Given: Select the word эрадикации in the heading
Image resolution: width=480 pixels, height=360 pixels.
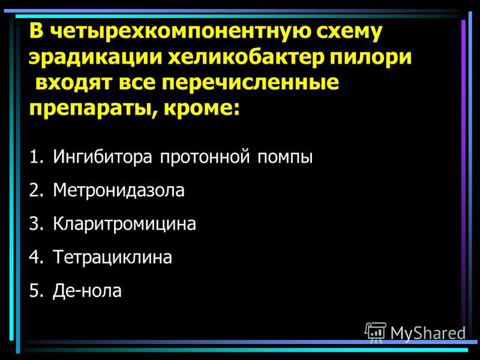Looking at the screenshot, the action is click(x=95, y=58).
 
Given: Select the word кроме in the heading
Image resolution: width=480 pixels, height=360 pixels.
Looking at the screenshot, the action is click(x=202, y=109).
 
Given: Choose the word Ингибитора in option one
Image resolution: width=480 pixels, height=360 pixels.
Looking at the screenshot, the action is click(x=102, y=157).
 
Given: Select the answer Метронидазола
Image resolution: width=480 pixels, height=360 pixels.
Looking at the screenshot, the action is click(x=118, y=190).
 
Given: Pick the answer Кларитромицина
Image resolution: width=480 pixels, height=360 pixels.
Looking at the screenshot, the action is click(x=124, y=224).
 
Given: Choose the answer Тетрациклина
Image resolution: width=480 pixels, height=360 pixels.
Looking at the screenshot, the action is click(x=112, y=257).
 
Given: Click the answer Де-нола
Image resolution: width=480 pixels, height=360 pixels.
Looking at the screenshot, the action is click(x=87, y=290).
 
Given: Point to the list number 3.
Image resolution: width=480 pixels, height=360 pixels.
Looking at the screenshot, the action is click(x=36, y=224).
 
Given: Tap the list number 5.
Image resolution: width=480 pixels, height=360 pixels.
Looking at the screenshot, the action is click(x=36, y=290).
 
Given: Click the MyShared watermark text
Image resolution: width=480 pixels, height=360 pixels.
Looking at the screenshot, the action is click(x=428, y=333).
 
